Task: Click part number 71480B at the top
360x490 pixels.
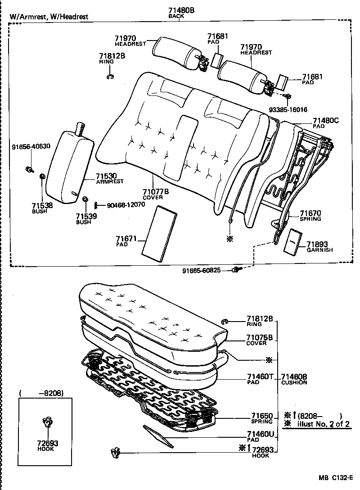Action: click(x=181, y=10)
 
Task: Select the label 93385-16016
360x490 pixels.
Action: click(x=288, y=109)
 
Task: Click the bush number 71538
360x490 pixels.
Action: click(x=42, y=205)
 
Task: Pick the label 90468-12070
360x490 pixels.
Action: click(x=126, y=205)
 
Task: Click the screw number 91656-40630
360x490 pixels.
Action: click(x=31, y=146)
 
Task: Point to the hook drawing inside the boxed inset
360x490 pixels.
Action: click(x=45, y=423)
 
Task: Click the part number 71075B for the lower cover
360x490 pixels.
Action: click(x=260, y=337)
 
